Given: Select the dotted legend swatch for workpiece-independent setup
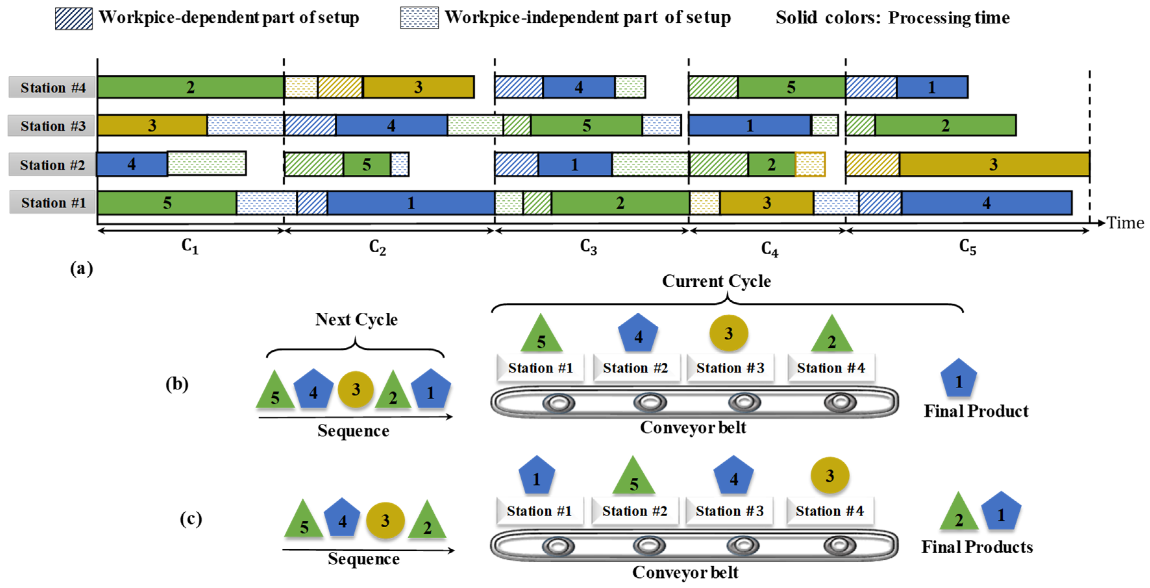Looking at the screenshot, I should (419, 18).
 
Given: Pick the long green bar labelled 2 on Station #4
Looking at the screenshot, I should (191, 87).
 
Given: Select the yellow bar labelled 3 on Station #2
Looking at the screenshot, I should (994, 164).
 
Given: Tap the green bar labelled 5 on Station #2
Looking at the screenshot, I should (366, 165).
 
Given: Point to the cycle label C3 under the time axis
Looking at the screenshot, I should (588, 246).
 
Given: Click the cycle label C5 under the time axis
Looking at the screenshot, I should (967, 246).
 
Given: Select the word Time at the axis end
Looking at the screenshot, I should (1125, 223).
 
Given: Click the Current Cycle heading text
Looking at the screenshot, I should (716, 281).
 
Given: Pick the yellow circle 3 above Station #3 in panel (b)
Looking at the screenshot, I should (729, 333).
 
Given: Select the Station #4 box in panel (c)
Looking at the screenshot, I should (829, 511).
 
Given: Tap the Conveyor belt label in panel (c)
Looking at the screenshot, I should (685, 572).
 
